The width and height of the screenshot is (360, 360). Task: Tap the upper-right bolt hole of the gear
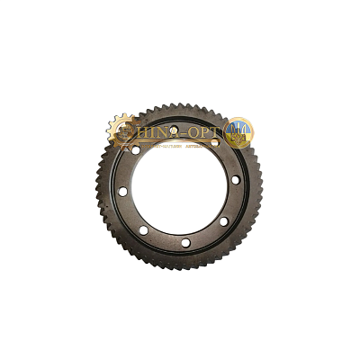214,144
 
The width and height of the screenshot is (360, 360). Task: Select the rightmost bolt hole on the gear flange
236,181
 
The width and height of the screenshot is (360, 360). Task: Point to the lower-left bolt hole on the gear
143,230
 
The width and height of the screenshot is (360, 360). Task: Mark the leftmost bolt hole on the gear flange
122,192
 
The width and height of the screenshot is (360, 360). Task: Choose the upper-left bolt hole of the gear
136,150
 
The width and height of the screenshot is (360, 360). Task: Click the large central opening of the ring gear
179,187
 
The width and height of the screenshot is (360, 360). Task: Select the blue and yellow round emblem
238,132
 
